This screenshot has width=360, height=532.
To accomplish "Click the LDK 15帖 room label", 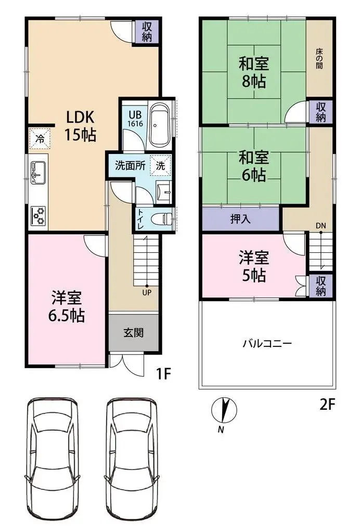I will pyautogui.click(x=80, y=126).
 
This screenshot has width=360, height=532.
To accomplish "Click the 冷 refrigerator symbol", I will pyautogui.click(x=40, y=139).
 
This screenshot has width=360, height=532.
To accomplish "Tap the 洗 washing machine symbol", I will pyautogui.click(x=160, y=166).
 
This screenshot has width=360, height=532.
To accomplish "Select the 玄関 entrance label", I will pyautogui.click(x=133, y=332).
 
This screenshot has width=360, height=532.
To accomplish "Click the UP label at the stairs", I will pyautogui.click(x=147, y=292).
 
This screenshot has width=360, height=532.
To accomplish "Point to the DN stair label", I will pyautogui.click(x=321, y=226).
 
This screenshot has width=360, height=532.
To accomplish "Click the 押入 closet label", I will pyautogui.click(x=240, y=218).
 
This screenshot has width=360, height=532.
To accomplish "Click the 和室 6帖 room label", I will pyautogui.click(x=253, y=166).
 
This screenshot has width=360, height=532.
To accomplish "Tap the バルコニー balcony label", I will pyautogui.click(x=267, y=344).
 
